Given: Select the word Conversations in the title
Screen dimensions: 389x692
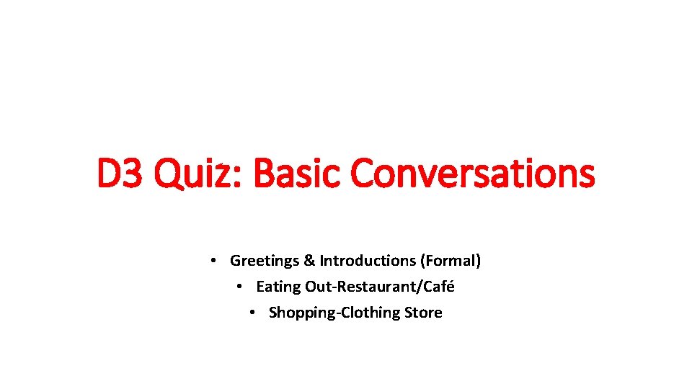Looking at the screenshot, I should pyautogui.click(x=473, y=174).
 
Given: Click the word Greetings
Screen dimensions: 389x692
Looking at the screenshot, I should pyautogui.click(x=262, y=261).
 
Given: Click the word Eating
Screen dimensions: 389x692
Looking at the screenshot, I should pyautogui.click(x=278, y=287).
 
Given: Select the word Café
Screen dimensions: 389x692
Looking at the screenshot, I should pyautogui.click(x=439, y=287).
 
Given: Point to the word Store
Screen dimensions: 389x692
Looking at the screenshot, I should pyautogui.click(x=424, y=313).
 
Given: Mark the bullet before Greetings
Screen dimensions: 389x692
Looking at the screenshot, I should pyautogui.click(x=216, y=261).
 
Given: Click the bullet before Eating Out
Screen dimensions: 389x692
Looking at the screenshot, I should pyautogui.click(x=241, y=287).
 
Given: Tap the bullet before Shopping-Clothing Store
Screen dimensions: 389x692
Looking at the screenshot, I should pyautogui.click(x=254, y=313).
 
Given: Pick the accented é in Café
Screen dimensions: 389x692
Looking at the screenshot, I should pyautogui.click(x=450, y=287).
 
